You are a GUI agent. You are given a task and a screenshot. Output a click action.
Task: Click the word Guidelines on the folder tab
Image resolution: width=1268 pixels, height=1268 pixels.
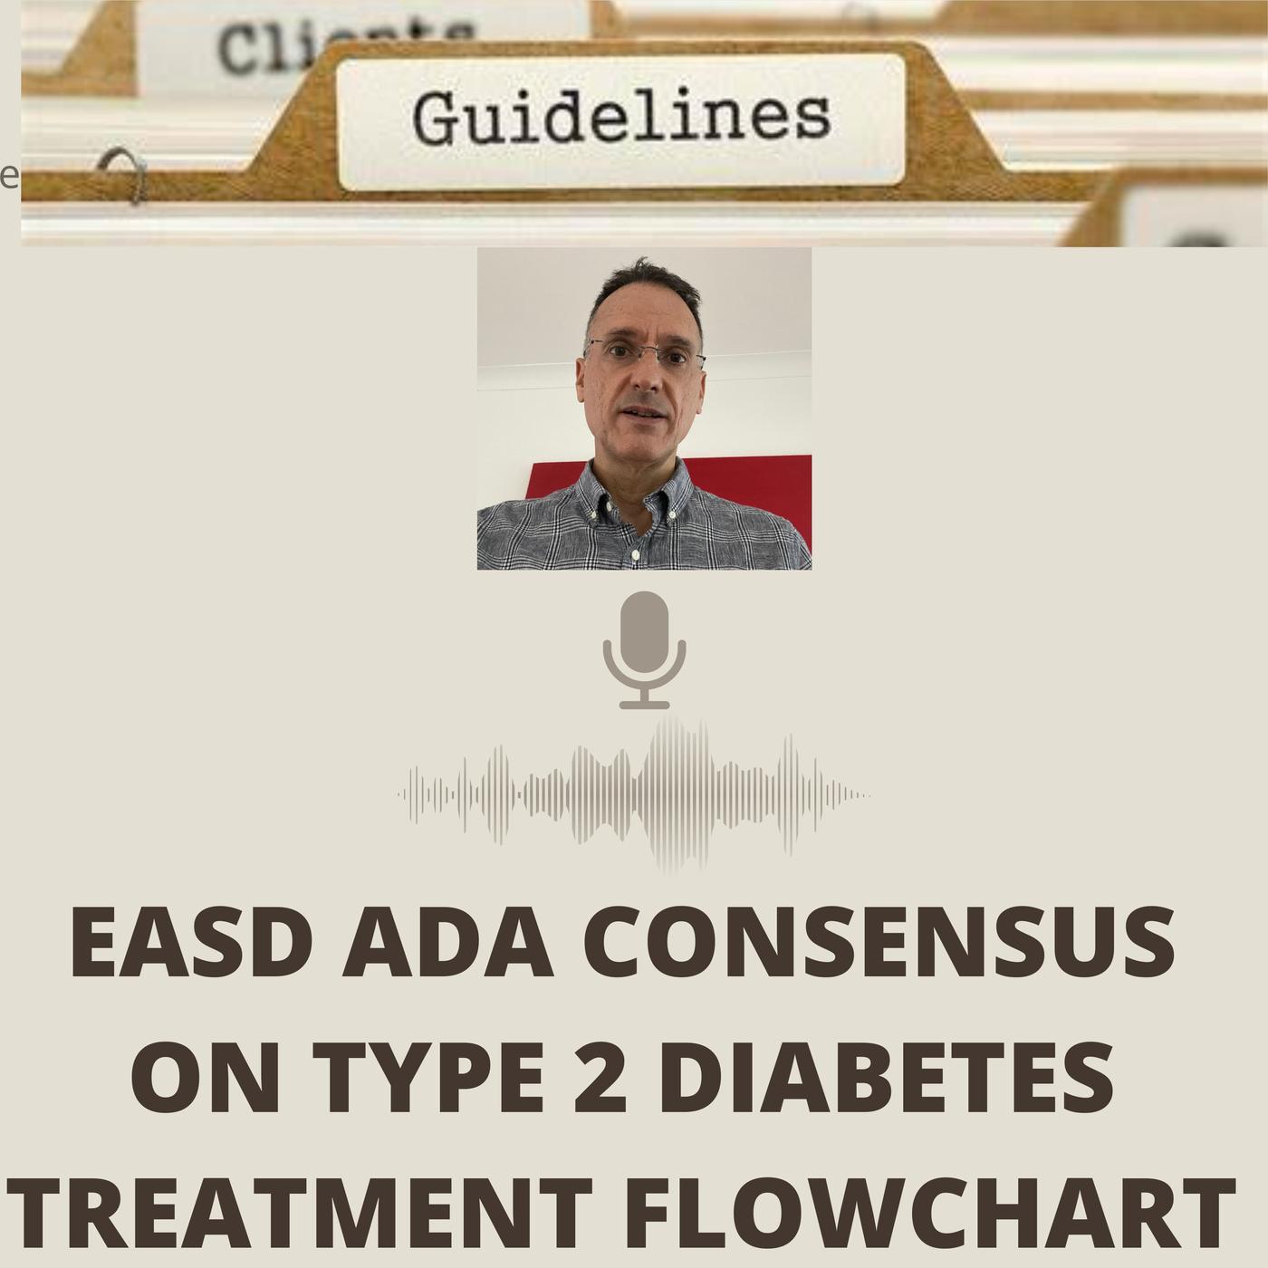620,120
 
